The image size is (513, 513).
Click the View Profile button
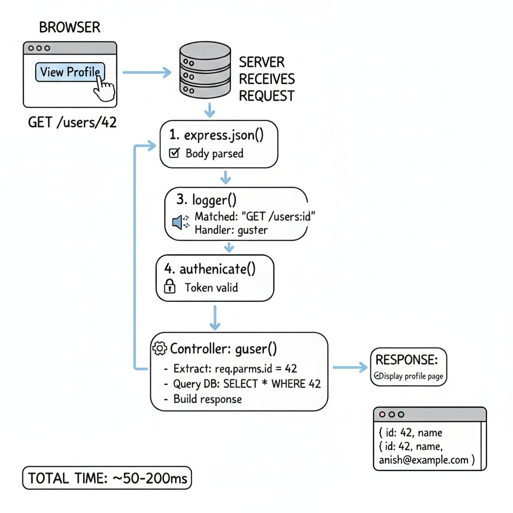70,72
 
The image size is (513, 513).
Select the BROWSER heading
70,27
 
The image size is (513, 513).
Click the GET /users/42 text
72,122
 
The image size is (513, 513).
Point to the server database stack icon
205,70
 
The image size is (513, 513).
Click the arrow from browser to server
147,72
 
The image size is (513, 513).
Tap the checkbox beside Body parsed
174,153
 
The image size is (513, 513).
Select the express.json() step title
216,135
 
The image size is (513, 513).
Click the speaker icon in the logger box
180,222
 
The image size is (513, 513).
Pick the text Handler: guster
231,230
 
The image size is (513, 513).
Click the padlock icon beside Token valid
169,286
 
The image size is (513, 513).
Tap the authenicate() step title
210,269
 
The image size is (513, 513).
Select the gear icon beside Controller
160,349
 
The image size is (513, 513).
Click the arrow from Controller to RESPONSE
350,367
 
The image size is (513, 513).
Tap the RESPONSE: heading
407,360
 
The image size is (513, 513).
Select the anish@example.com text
424,460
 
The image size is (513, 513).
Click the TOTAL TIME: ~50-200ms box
107,478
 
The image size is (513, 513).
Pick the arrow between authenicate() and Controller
215,318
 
